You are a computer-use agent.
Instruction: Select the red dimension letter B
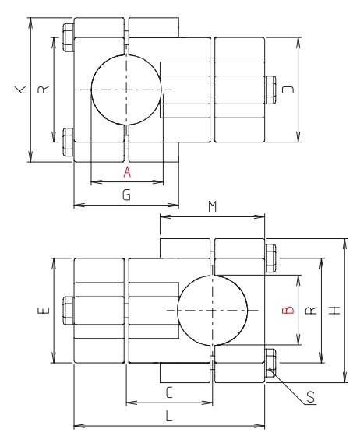287,310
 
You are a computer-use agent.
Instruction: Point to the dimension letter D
288,90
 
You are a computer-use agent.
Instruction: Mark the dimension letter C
169,392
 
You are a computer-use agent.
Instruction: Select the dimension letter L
169,417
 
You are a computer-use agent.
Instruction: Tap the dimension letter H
334,310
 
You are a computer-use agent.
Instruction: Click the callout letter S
310,397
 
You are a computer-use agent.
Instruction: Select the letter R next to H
311,310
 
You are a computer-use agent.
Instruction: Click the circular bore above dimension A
126,90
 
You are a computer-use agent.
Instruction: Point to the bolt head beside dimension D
271,90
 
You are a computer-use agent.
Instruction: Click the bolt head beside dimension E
67,310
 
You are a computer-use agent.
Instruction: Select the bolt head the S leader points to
270,364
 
